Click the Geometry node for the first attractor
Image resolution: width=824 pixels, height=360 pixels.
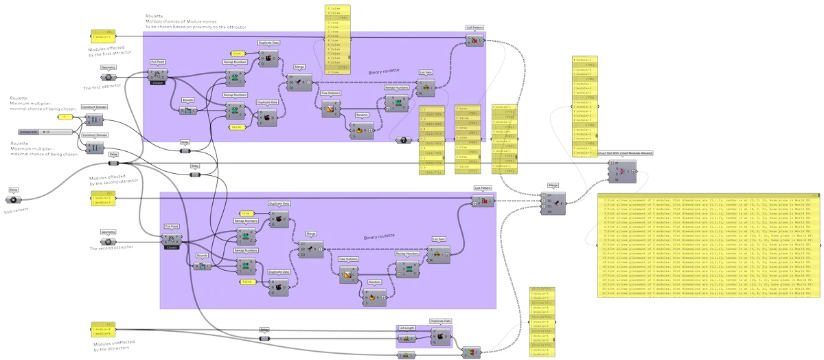(x=108, y=77)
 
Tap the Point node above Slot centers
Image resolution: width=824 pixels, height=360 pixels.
(x=13, y=199)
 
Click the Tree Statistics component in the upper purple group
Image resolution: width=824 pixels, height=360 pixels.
(x=331, y=108)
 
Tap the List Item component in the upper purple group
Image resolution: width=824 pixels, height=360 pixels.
(x=426, y=87)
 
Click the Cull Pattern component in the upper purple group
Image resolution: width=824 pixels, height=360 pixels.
(x=474, y=41)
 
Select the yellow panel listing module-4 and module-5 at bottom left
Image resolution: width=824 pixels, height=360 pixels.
(x=104, y=329)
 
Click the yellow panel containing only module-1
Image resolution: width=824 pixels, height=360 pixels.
(x=104, y=36)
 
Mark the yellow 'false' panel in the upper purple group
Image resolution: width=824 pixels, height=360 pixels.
(x=236, y=127)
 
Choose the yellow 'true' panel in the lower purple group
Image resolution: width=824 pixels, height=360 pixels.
(x=246, y=214)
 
